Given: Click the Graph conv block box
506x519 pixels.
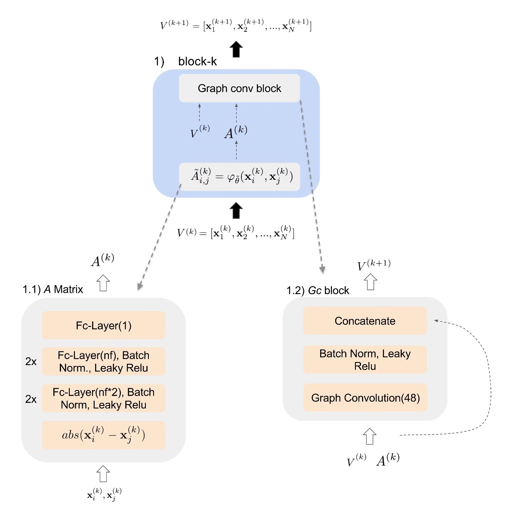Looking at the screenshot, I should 239,88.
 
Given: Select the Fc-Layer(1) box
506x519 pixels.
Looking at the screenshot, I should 103,326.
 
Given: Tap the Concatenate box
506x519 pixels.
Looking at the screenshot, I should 365,321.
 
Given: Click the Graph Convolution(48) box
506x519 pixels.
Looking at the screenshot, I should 365,398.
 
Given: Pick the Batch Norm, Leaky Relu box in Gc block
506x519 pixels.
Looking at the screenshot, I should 365,359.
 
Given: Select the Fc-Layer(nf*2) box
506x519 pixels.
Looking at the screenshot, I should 103,398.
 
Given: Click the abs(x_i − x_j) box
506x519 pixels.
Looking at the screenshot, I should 103,435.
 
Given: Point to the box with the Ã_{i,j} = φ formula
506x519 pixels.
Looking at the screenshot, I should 239,177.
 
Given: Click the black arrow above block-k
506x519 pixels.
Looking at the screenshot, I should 236,49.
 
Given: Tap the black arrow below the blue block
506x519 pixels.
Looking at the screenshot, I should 236,211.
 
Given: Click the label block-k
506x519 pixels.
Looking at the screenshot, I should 197,61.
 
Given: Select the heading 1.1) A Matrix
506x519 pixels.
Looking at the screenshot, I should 53,289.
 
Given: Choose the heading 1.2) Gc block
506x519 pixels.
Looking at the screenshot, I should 318,291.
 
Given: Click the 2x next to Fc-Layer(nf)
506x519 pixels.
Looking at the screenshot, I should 31,362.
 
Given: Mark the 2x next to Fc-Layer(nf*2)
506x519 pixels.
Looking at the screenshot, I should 31,399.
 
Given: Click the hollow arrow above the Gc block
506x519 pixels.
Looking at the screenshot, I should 370,282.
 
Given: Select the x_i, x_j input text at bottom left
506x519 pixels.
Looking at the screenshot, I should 104,494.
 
